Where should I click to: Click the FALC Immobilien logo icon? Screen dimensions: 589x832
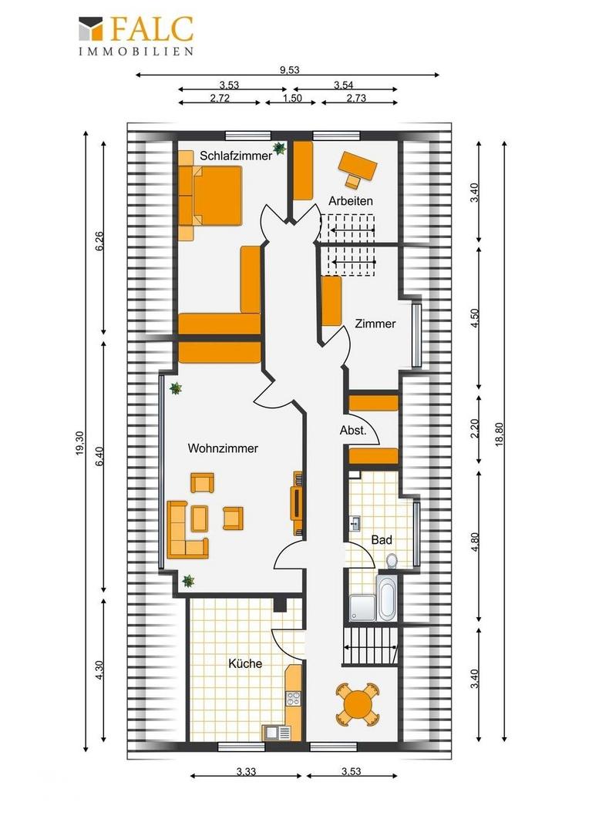coord(90,29)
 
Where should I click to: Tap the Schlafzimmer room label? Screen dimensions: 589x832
coord(236,156)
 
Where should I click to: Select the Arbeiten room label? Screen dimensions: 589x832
coord(351,201)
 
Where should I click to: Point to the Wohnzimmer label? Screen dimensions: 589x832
coord(223,448)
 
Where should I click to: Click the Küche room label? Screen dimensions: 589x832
coord(245,663)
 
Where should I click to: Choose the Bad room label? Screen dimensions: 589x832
coord(382,540)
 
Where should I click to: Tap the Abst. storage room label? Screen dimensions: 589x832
coord(353,431)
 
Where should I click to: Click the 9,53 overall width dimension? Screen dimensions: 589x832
coord(290,70)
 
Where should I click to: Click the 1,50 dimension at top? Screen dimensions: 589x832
coord(292,98)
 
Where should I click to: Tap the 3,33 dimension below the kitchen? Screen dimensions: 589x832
coord(246,771)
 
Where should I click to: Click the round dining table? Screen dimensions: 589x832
coord(358,705)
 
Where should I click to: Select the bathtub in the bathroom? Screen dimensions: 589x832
coord(387,597)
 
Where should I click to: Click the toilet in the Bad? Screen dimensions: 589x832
coord(392,560)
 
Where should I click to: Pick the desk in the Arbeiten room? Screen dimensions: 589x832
coord(358,165)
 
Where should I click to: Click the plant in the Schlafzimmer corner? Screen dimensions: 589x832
coord(279,149)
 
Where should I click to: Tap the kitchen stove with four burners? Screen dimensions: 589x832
coord(293,699)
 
